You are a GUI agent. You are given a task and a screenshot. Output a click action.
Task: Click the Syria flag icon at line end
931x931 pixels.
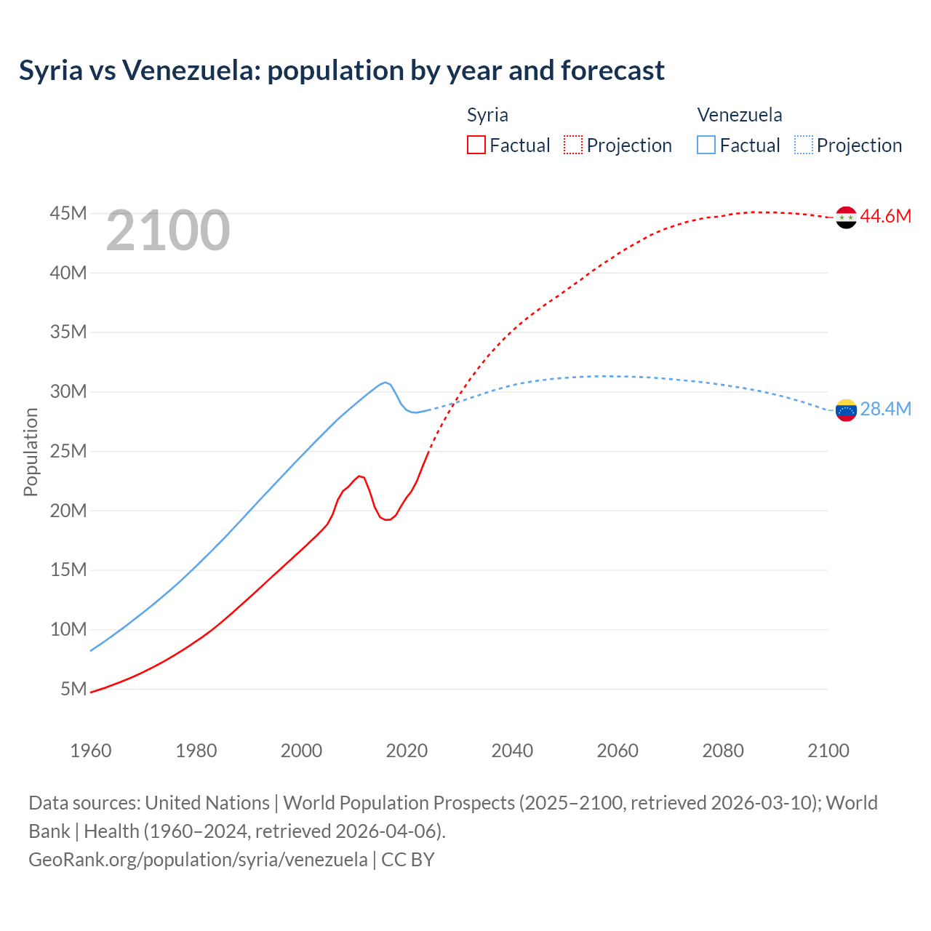click(846, 217)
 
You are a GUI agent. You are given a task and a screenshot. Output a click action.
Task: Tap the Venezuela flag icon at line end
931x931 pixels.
click(846, 410)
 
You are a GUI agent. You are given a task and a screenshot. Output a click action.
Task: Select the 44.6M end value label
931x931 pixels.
click(885, 217)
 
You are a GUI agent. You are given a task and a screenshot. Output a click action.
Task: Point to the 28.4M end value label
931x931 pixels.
click(885, 409)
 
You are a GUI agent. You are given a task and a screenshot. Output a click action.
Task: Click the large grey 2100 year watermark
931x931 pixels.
click(168, 231)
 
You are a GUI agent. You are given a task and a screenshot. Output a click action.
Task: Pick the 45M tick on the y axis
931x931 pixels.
click(68, 214)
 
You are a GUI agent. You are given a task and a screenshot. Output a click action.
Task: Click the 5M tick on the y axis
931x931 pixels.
click(73, 689)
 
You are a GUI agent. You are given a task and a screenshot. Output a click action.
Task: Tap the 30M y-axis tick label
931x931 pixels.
click(68, 392)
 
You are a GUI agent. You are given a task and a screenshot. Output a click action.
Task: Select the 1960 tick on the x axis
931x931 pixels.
click(91, 751)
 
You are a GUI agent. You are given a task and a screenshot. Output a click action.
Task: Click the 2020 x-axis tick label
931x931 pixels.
click(407, 751)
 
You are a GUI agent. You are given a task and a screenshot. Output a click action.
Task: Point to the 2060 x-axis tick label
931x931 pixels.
click(618, 751)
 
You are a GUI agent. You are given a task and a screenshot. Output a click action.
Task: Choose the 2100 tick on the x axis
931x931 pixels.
click(828, 751)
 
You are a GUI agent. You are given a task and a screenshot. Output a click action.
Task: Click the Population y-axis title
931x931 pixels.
click(31, 452)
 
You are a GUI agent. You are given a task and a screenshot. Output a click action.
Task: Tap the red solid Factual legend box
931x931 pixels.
click(476, 145)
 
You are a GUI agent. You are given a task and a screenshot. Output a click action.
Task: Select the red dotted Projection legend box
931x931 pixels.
click(573, 145)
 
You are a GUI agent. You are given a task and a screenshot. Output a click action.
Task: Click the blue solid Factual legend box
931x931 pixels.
click(706, 145)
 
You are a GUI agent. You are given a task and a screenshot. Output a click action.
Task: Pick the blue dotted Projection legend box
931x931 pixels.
click(803, 145)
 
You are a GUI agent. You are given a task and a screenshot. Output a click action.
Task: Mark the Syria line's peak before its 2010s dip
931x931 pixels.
click(359, 476)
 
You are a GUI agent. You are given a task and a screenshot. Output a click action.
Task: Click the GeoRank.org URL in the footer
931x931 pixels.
click(198, 860)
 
